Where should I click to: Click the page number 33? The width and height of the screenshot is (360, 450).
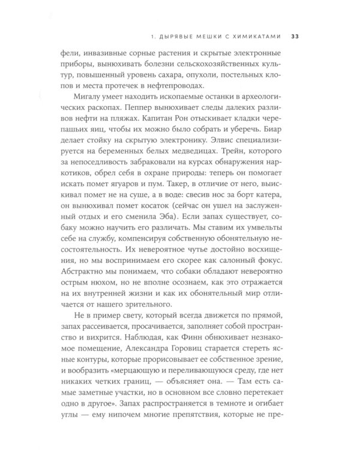pos(295,35)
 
